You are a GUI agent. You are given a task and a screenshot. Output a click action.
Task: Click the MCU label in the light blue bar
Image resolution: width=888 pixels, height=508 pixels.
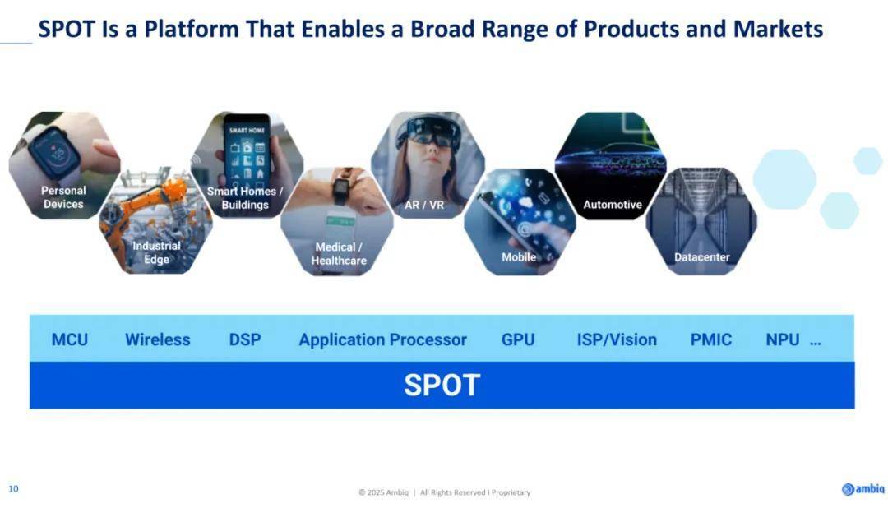click(70, 339)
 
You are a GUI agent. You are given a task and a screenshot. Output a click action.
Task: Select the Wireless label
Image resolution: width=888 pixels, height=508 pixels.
click(157, 339)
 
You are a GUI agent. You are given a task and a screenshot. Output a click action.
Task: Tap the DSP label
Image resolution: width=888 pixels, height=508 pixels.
click(245, 339)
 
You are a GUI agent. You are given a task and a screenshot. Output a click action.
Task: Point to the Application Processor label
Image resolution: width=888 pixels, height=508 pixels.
click(383, 339)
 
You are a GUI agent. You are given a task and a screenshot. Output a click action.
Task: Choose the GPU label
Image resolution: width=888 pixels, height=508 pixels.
click(518, 339)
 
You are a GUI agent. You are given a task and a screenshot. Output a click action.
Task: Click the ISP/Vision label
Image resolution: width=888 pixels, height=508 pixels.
click(617, 339)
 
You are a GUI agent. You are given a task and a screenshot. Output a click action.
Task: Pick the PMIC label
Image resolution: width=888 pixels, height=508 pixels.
click(710, 339)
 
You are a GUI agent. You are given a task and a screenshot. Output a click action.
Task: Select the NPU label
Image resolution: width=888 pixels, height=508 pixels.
click(783, 339)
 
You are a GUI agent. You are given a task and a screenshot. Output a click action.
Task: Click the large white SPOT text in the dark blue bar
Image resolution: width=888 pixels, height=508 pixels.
click(442, 385)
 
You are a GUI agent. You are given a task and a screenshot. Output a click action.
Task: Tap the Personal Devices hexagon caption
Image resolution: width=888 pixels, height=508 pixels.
click(63, 197)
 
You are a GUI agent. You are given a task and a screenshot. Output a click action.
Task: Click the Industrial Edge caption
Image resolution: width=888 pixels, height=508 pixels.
click(156, 252)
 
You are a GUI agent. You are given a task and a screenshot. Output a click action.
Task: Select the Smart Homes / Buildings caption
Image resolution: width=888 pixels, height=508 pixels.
click(245, 197)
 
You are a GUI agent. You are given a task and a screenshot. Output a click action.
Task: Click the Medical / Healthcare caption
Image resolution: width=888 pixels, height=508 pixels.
click(339, 254)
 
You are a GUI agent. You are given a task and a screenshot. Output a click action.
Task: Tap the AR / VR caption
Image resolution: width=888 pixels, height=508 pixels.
click(424, 205)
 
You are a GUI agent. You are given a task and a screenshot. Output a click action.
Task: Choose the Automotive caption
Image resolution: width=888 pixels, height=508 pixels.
click(613, 205)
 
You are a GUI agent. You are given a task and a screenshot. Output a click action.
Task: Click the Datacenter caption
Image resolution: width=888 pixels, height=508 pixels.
click(701, 257)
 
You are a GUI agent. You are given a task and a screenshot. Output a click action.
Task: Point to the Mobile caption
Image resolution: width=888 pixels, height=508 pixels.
click(519, 257)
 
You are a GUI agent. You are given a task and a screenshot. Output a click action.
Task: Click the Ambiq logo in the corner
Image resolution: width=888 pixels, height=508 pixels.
click(863, 489)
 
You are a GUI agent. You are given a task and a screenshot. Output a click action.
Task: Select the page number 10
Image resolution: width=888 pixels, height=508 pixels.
click(13, 489)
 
